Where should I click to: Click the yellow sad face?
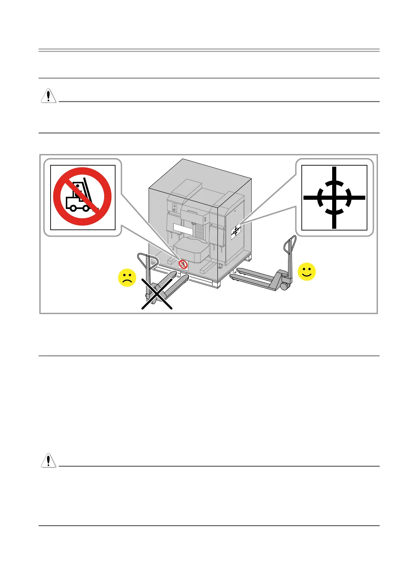point(127,278)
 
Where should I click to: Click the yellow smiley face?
point(307,272)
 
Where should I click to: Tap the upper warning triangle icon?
point(49,96)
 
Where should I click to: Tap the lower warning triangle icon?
point(49,460)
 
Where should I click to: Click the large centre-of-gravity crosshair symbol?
point(334,198)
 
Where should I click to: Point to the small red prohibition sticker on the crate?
point(183,264)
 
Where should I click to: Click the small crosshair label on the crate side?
point(236,232)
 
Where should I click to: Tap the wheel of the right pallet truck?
point(284,286)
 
